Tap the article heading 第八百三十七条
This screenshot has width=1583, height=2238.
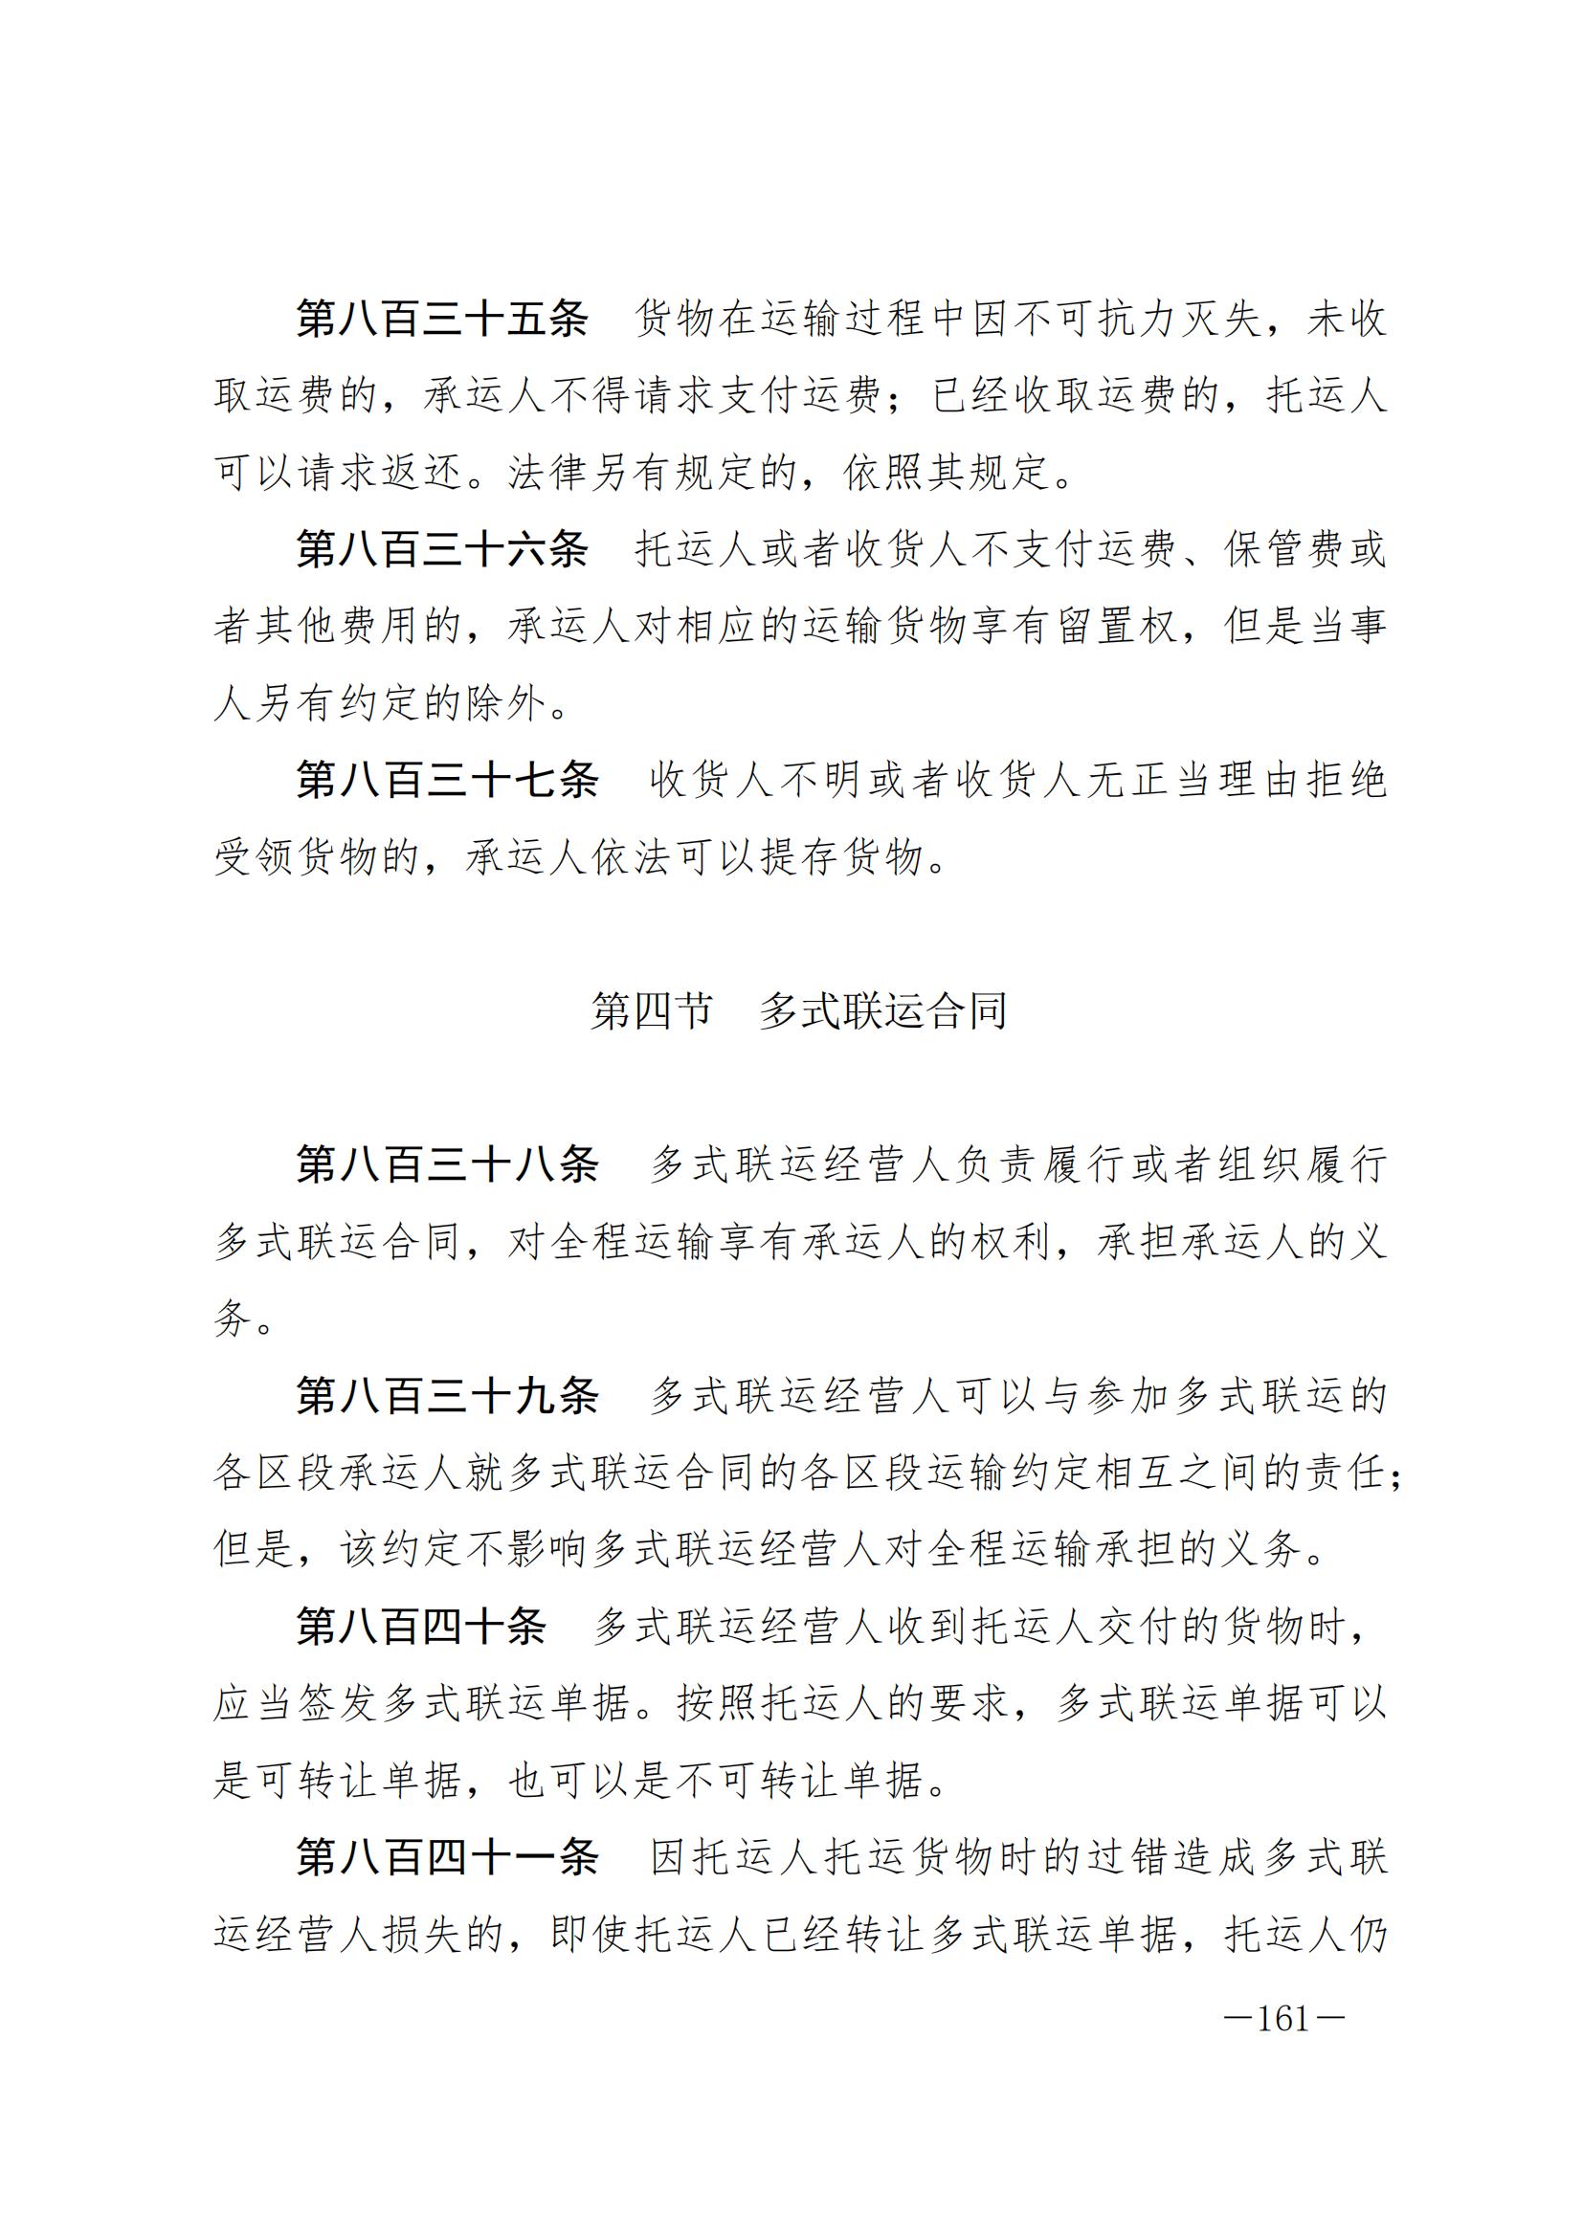point(447,780)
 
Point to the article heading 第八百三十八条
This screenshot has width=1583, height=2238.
point(447,1164)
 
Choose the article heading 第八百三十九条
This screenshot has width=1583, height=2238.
point(447,1396)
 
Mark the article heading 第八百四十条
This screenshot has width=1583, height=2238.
point(421,1627)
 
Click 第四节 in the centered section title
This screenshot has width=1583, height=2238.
point(651,1010)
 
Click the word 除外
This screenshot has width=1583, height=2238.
point(505,703)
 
